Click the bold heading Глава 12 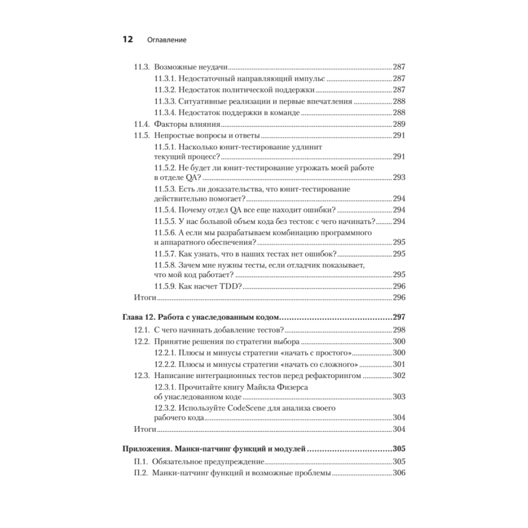(141, 318)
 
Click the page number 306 (399, 473)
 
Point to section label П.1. (140, 461)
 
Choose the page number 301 (399, 364)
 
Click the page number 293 (399, 177)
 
